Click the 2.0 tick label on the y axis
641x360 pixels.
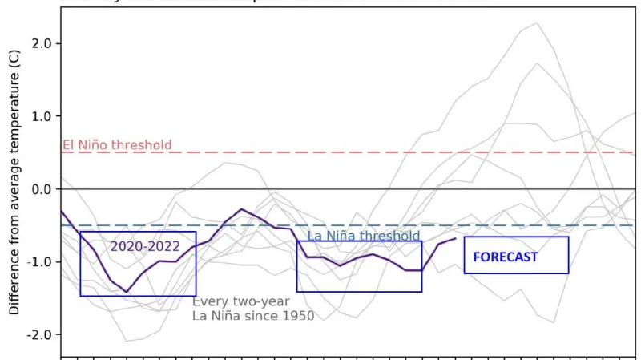(42, 43)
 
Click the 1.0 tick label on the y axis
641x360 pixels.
(42, 116)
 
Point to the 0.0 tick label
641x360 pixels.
(42, 189)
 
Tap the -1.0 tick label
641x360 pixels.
(40, 262)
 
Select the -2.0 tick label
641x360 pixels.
(40, 335)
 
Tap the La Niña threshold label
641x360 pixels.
(364, 236)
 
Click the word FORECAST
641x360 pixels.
(505, 257)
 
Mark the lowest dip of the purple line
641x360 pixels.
(126, 292)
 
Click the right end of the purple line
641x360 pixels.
(455, 238)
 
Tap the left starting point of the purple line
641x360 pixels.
(62, 210)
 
